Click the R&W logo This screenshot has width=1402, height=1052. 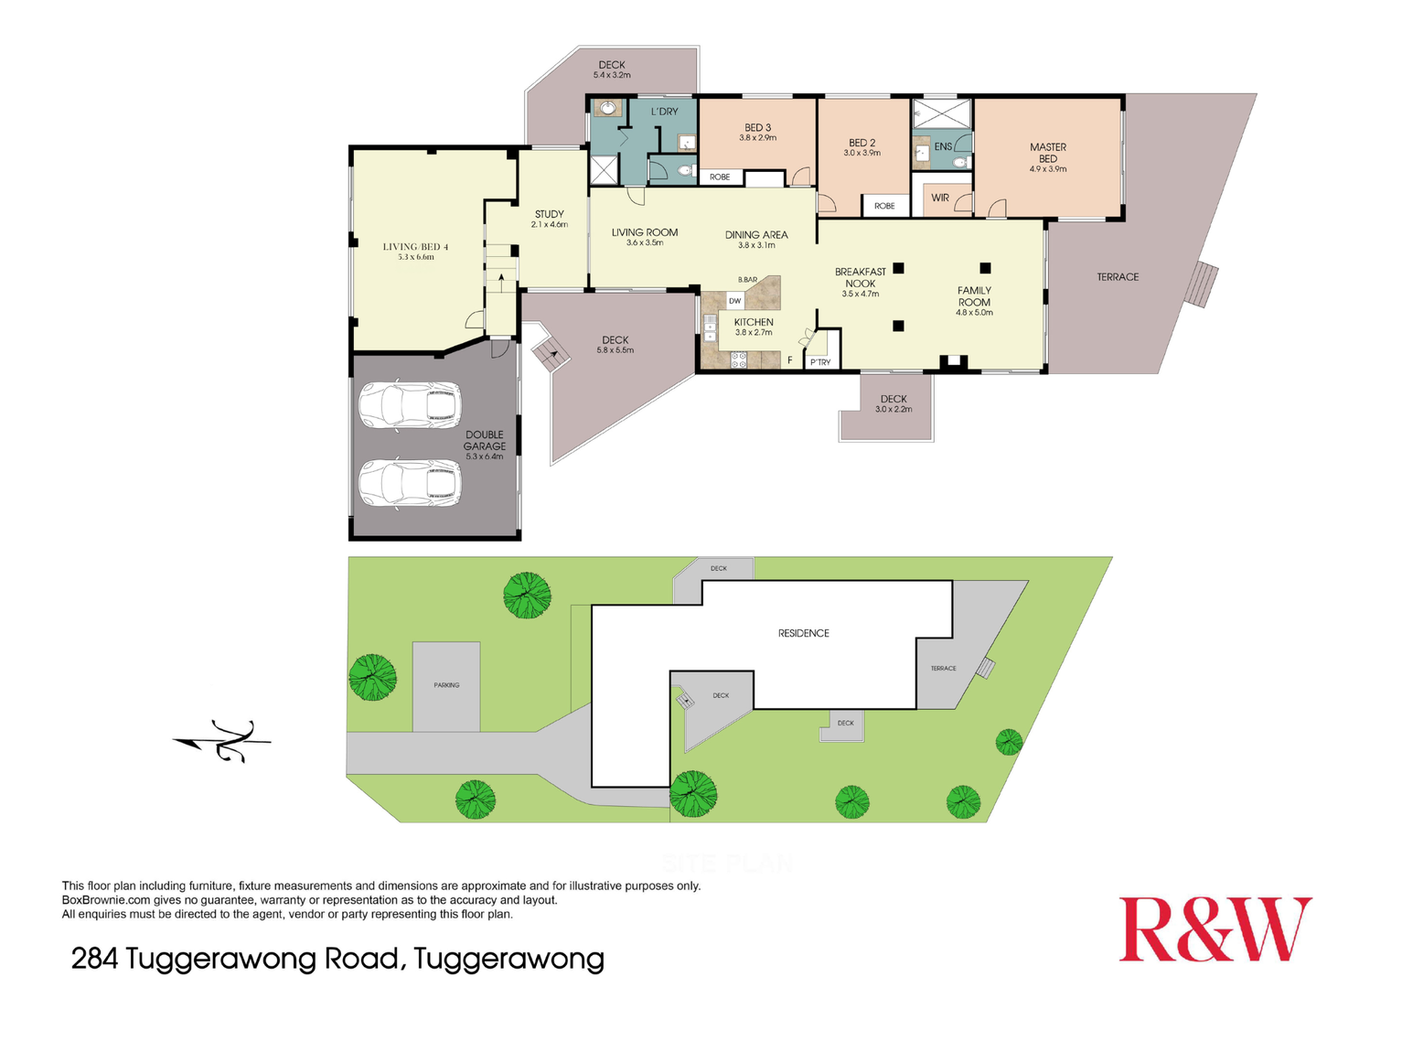pos(1215,929)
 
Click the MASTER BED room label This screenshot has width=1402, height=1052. pos(1048,153)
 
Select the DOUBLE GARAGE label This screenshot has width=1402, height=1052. pos(484,441)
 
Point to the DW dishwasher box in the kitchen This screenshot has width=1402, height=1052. pos(734,301)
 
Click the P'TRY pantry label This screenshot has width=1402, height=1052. pos(820,363)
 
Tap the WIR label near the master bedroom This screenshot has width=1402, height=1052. pos(940,198)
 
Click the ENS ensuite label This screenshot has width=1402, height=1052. pos(943,146)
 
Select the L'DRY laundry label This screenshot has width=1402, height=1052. pos(665,112)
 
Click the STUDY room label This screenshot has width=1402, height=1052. pos(549,214)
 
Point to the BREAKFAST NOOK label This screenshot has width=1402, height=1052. pos(860,277)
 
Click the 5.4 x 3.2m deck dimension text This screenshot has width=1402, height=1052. pos(612,75)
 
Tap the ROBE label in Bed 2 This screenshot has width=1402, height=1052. pos(884,206)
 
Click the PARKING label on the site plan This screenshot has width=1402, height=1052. pos(446,685)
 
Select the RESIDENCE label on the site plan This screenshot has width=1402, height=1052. pos(803,633)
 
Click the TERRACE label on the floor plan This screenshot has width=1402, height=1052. pos(1118,277)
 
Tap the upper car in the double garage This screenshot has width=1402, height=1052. pos(409,405)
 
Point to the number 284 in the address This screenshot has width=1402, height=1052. pos(94,959)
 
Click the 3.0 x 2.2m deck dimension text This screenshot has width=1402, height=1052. pos(894,410)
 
